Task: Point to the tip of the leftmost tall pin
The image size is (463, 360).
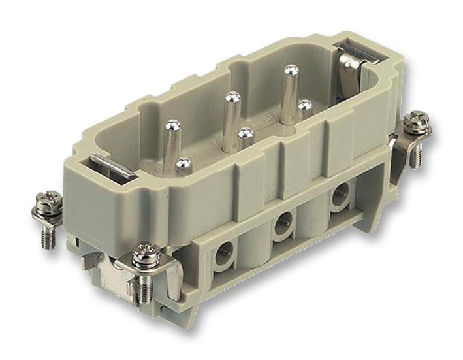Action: [x=173, y=125]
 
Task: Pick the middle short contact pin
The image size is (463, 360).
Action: [x=246, y=134]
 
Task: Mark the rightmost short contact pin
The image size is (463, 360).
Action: [x=304, y=105]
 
